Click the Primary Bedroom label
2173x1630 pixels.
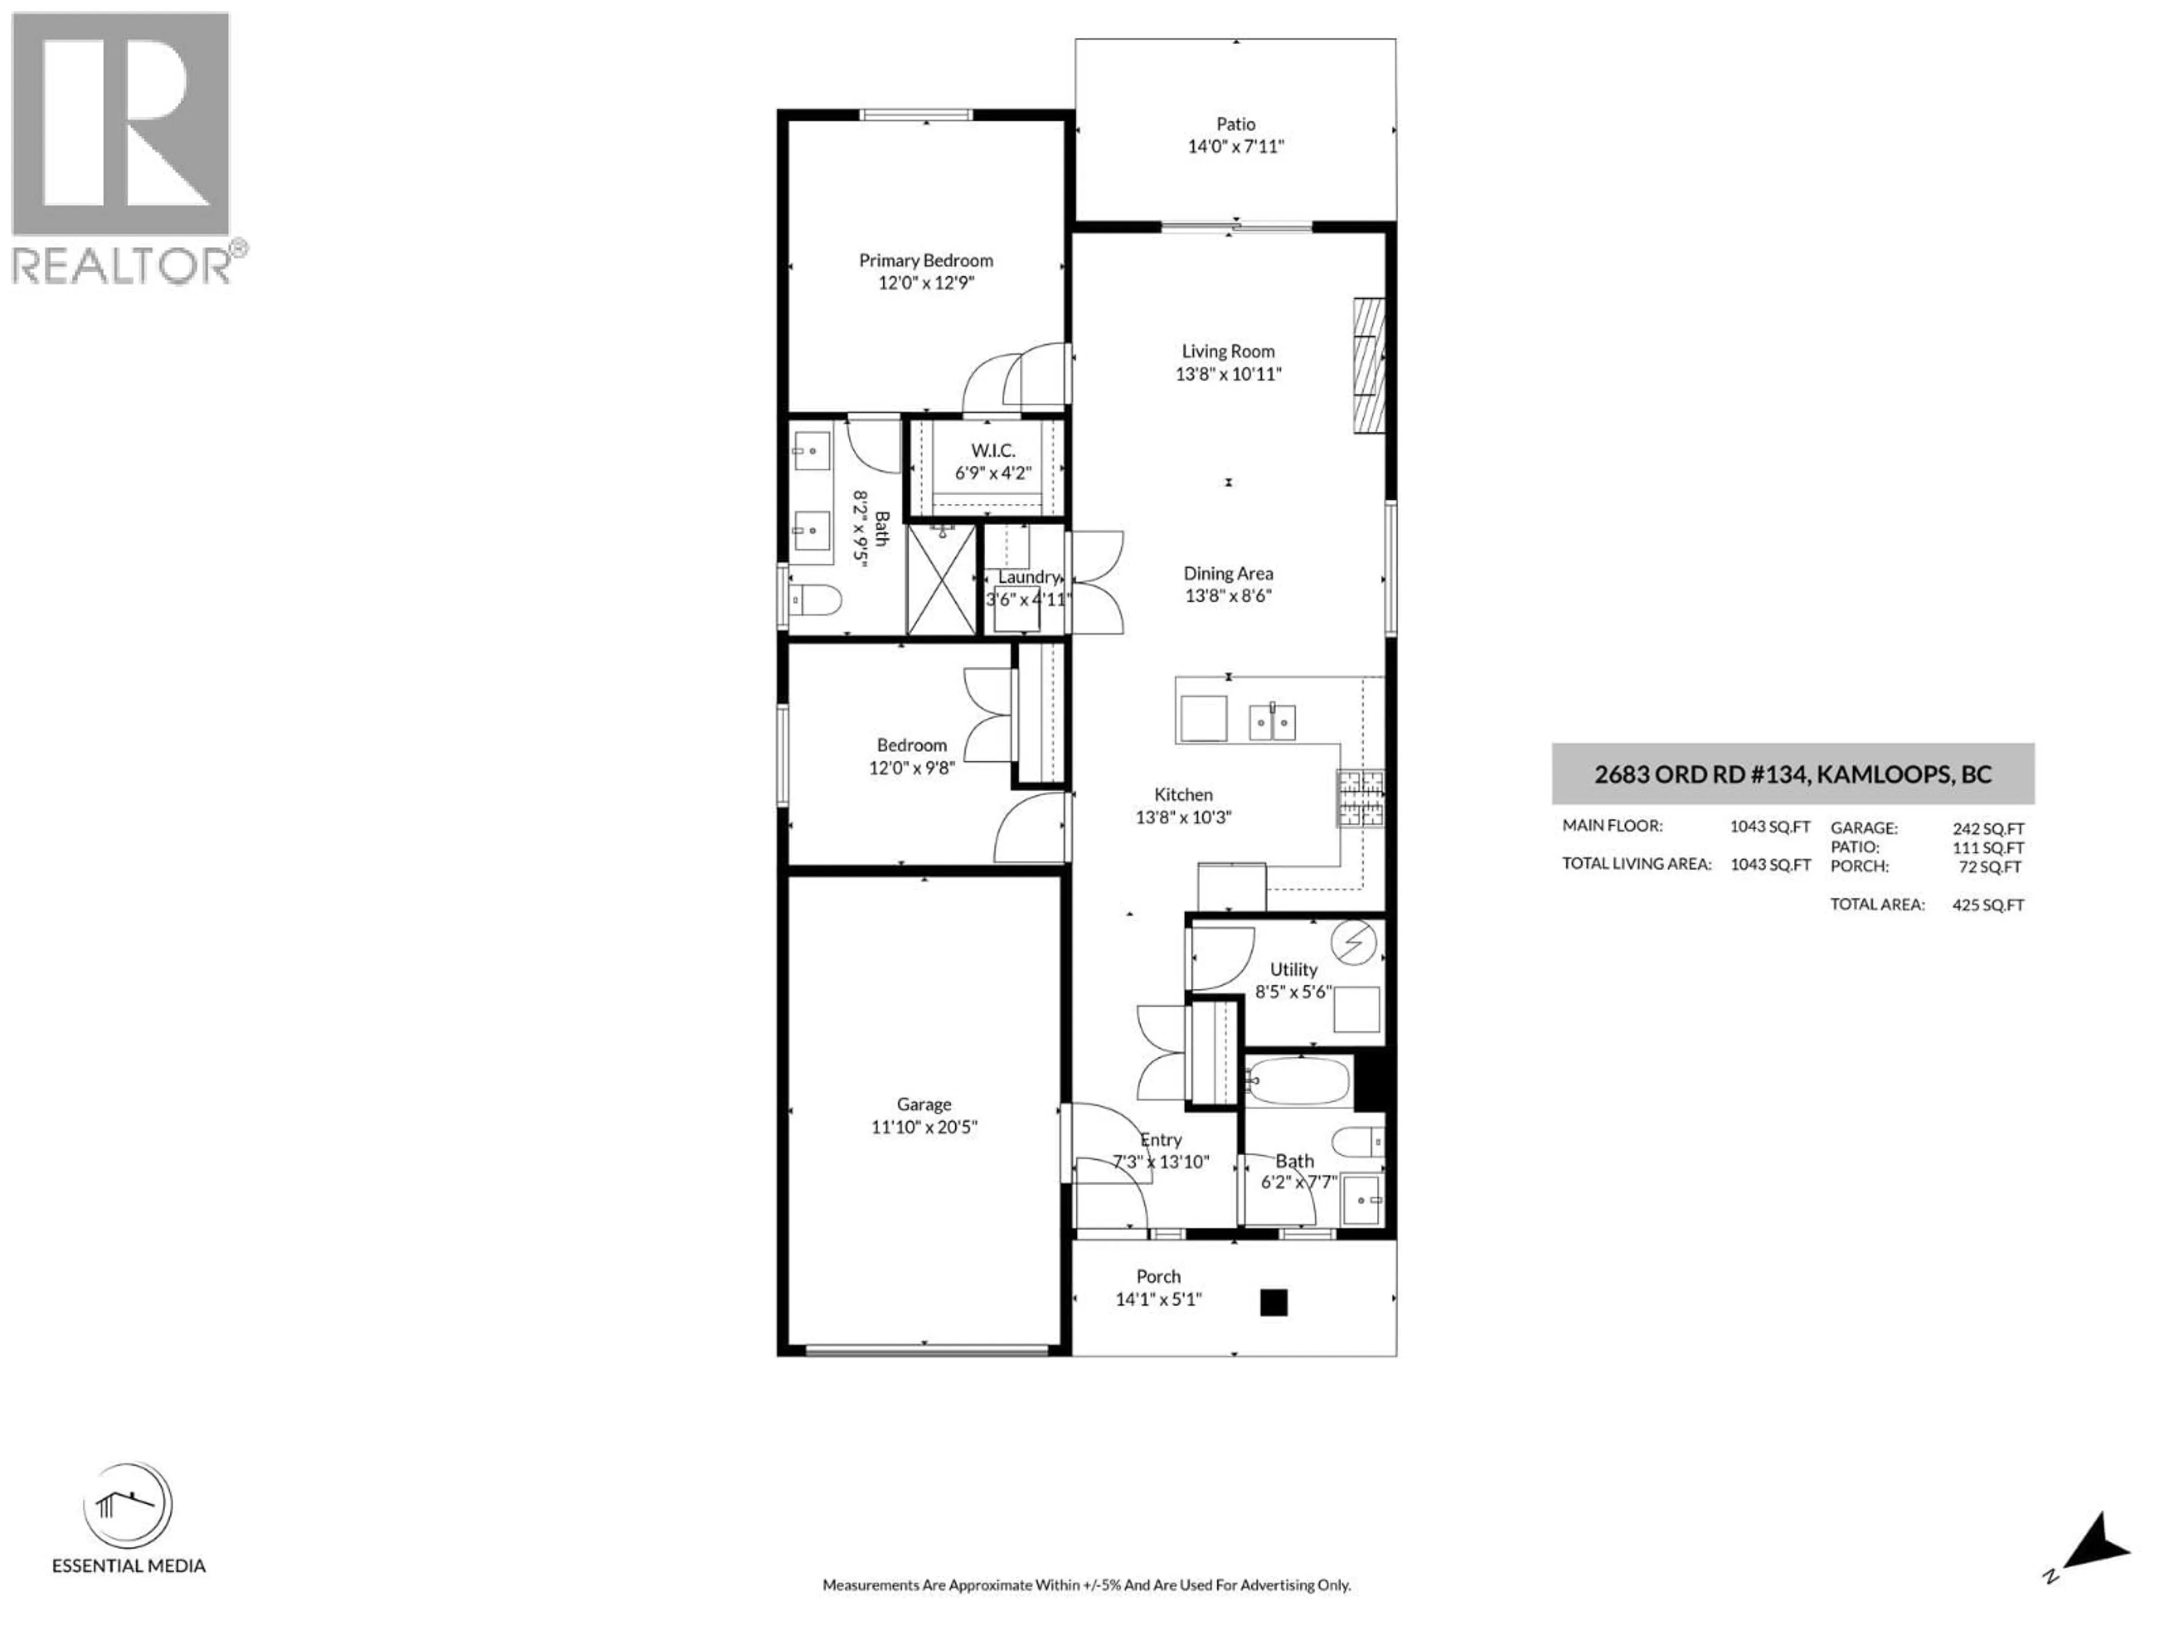pyautogui.click(x=925, y=260)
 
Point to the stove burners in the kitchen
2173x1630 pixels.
pyautogui.click(x=1360, y=798)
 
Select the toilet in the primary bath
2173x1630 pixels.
pyautogui.click(x=815, y=599)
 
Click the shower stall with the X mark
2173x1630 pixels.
pyautogui.click(x=941, y=580)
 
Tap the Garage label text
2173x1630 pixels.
pyautogui.click(x=924, y=1104)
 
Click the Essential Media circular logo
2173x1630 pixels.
pyautogui.click(x=128, y=1506)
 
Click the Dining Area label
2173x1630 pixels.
pyautogui.click(x=1228, y=573)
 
